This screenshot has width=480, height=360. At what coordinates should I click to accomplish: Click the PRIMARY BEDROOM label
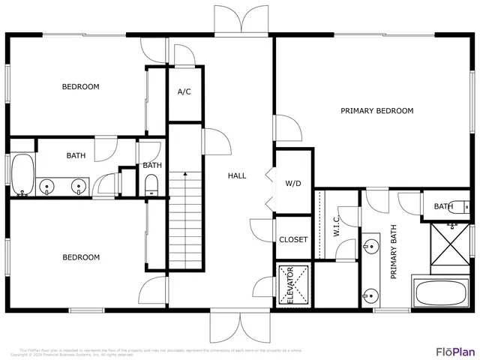pyautogui.click(x=376, y=111)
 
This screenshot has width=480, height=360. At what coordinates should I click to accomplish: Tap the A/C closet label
pyautogui.click(x=184, y=92)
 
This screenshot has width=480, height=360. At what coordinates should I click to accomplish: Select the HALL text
pyautogui.click(x=237, y=175)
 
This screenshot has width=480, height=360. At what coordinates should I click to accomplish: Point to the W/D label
pyautogui.click(x=292, y=183)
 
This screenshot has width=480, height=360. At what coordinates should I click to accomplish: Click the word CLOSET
pyautogui.click(x=293, y=240)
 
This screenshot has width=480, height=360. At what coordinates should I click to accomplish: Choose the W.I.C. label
pyautogui.click(x=337, y=226)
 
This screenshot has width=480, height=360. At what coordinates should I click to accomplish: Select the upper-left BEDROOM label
pyautogui.click(x=80, y=87)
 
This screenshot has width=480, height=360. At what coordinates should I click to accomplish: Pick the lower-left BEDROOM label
pyautogui.click(x=80, y=257)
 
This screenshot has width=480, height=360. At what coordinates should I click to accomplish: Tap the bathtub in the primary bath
pyautogui.click(x=443, y=292)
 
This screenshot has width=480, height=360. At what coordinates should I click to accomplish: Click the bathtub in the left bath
pyautogui.click(x=22, y=174)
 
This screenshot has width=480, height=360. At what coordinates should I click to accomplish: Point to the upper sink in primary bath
pyautogui.click(x=370, y=244)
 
